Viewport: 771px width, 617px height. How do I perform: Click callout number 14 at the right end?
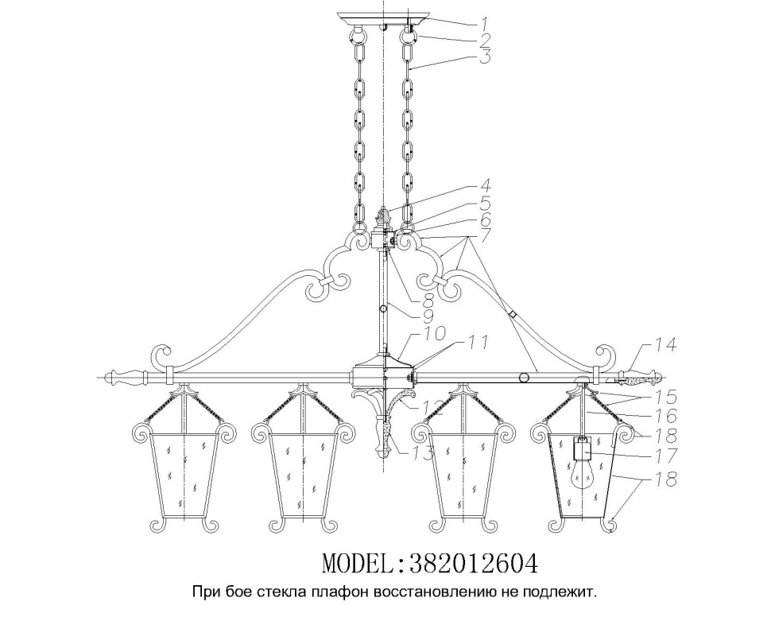tap(664, 346)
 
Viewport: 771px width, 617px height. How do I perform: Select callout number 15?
tap(664, 396)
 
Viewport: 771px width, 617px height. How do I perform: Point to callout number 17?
tap(664, 456)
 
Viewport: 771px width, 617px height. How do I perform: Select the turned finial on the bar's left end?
tap(126, 378)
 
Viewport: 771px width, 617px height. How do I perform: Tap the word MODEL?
tap(358, 564)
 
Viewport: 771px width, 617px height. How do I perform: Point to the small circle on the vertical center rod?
tap(383, 309)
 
